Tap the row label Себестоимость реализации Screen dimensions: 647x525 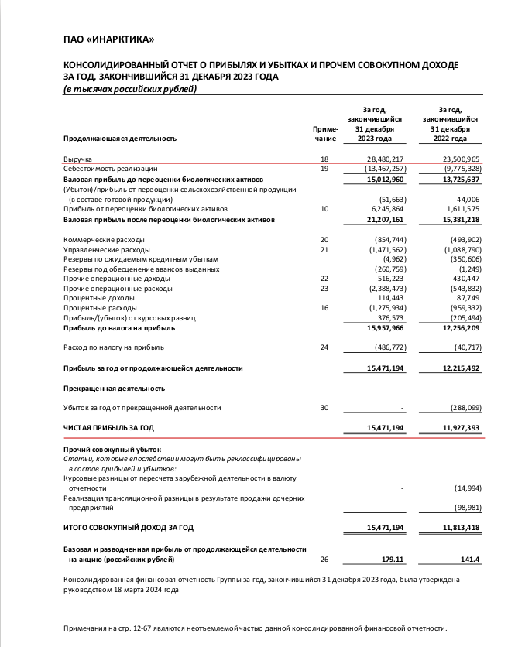pos(110,169)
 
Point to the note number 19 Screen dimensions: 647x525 pos(324,169)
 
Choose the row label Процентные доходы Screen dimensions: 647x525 pos(97,298)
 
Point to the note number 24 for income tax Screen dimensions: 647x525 pos(324,347)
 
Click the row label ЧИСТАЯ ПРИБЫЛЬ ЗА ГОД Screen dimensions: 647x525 pos(108,427)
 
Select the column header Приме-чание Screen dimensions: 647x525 pos(325,133)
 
